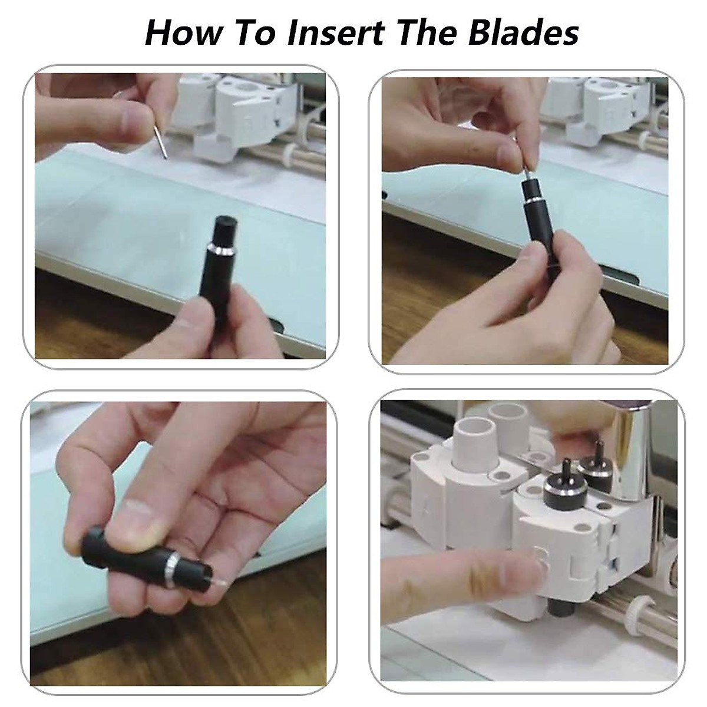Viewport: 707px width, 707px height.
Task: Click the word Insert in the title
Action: click(x=336, y=32)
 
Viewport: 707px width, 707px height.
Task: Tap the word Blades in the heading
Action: click(x=523, y=32)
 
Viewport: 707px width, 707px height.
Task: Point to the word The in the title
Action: click(x=427, y=32)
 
